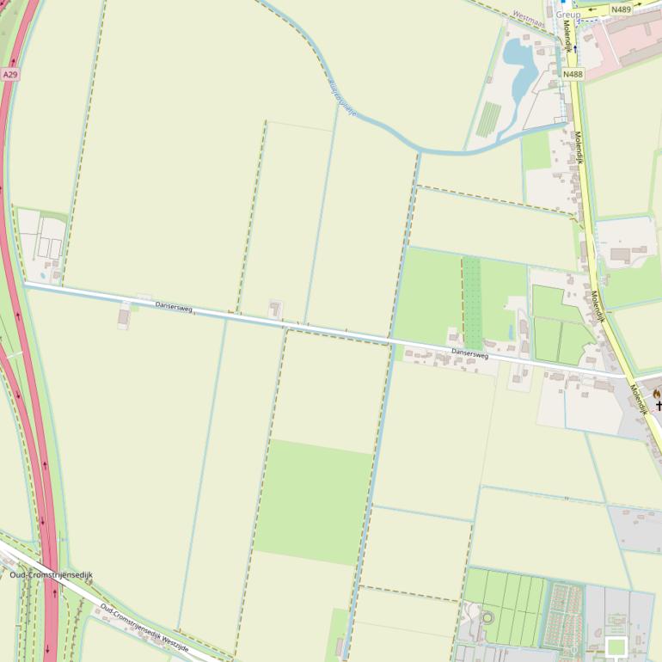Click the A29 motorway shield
[10, 75]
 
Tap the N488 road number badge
[573, 74]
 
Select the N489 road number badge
[622, 9]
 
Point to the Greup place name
[568, 15]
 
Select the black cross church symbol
[659, 404]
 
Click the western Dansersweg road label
[174, 307]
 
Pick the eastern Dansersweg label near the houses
[469, 352]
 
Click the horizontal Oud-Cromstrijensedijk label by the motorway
[51, 574]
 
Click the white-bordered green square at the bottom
[616, 647]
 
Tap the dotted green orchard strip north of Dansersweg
[472, 301]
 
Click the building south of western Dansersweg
[124, 317]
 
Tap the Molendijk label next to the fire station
[639, 398]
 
